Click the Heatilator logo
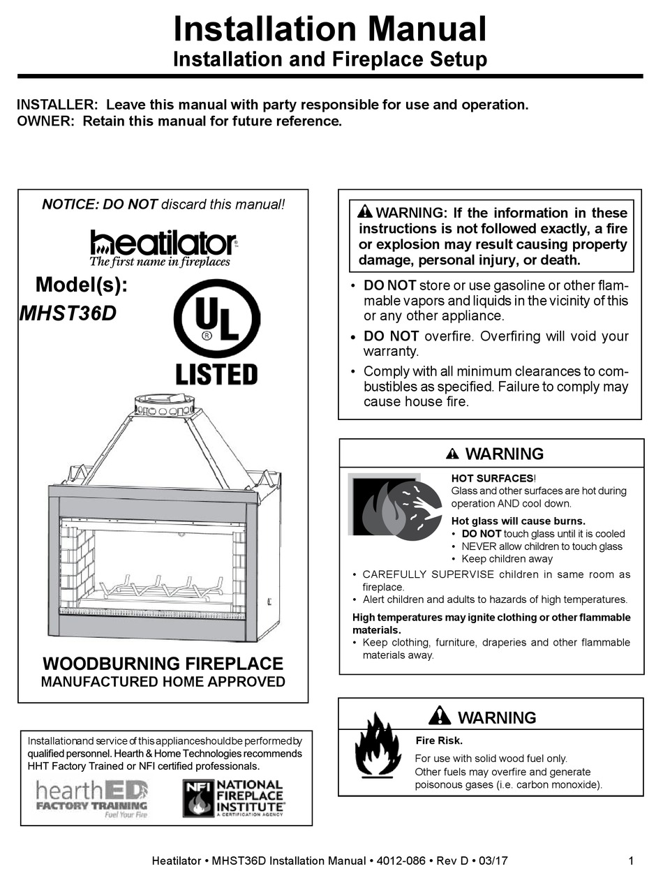click(x=163, y=247)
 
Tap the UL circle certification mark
click(x=216, y=318)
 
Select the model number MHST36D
click(x=68, y=314)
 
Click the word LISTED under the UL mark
click(x=216, y=374)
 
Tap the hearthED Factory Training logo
click(x=92, y=799)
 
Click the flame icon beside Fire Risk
click(x=378, y=745)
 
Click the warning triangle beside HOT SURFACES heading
click(x=452, y=454)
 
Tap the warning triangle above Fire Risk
click(x=440, y=716)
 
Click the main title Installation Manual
click(x=329, y=29)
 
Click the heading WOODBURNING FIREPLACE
click(x=163, y=663)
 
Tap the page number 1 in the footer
click(x=631, y=860)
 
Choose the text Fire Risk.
click(x=440, y=740)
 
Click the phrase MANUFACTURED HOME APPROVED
click(x=163, y=681)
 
